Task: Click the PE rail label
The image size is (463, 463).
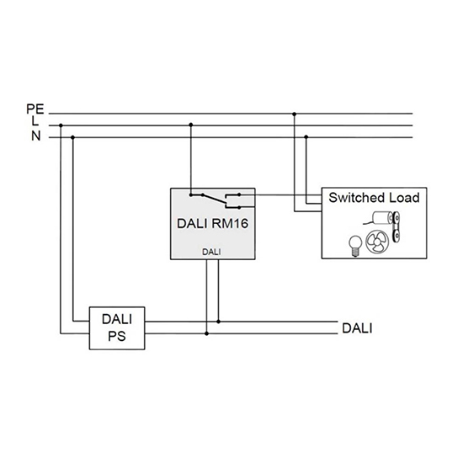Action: click(x=35, y=109)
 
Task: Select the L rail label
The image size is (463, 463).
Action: click(x=35, y=120)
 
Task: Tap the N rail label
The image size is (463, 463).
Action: click(x=36, y=136)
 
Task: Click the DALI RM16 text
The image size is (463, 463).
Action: click(x=212, y=224)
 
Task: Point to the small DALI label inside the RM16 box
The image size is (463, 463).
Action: click(x=211, y=252)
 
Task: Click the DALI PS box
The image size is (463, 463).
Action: click(x=117, y=328)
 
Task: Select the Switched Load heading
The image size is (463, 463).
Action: click(x=374, y=198)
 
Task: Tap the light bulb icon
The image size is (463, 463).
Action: click(x=355, y=246)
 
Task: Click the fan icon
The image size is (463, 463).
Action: click(x=377, y=242)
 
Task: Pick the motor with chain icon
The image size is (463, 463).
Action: click(x=384, y=225)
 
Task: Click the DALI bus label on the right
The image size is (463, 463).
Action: click(x=357, y=328)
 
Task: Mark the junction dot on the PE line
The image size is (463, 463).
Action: click(x=294, y=114)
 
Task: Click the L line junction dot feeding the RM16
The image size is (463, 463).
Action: click(x=191, y=125)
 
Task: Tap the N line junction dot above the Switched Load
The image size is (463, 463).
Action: click(x=306, y=137)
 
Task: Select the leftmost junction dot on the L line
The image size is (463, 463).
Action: click(x=61, y=125)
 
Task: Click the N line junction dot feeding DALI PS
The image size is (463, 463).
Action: click(x=73, y=137)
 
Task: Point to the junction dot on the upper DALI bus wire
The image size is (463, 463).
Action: click(x=219, y=322)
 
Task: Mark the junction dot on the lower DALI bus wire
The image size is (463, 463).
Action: click(x=207, y=333)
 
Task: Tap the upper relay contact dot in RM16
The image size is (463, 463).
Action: click(x=239, y=194)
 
